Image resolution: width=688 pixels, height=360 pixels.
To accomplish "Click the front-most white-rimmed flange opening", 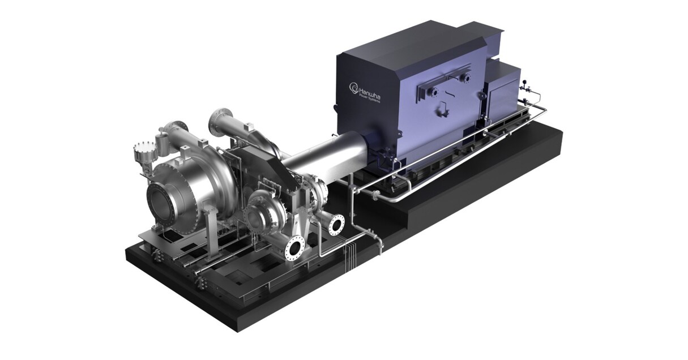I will (295, 246).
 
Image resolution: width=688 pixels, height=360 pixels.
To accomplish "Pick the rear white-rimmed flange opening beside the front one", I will (336, 225).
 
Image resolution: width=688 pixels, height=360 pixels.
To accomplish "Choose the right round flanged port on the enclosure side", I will (464, 78).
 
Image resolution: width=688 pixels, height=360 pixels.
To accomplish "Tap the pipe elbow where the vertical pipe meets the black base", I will (378, 245).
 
